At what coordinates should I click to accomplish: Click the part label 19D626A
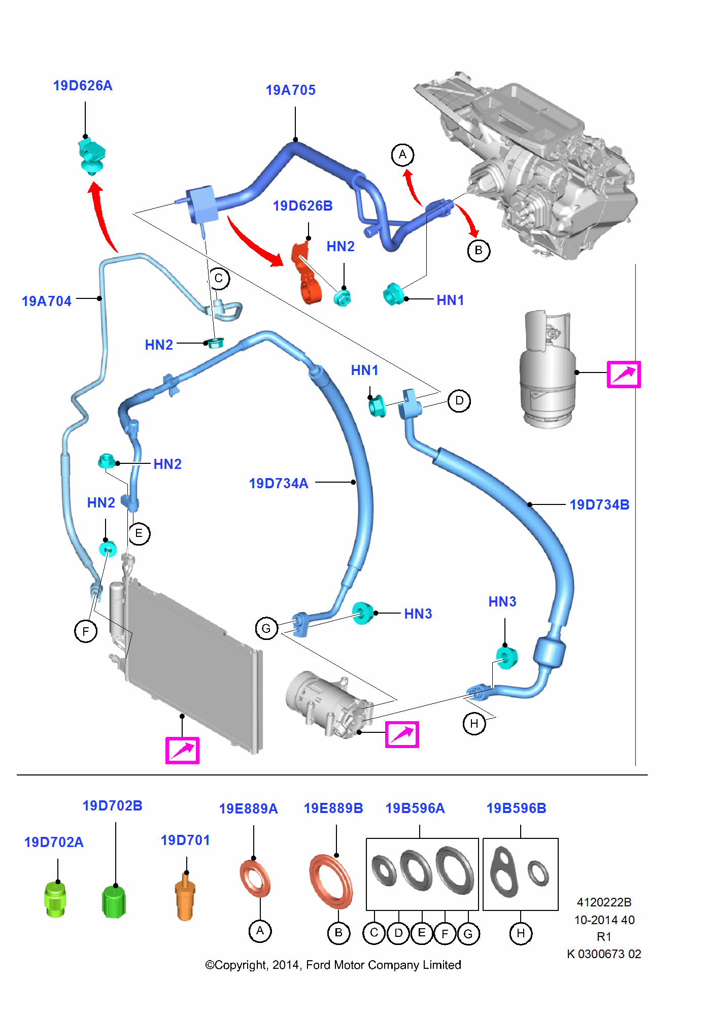coord(83,85)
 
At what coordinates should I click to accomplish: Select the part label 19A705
coord(290,90)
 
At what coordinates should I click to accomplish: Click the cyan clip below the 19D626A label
coord(92,155)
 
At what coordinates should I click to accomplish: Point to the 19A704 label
coord(46,301)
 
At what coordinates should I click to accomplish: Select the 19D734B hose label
coord(599,504)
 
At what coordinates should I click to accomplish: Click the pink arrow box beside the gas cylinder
coord(623,375)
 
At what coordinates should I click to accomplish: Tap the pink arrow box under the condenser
coord(182,750)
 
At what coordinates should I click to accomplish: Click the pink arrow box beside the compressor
coord(402,734)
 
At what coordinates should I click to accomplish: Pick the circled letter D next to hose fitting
coord(459,401)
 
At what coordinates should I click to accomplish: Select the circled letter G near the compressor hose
coord(266,629)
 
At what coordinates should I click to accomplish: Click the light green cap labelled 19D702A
coord(55,899)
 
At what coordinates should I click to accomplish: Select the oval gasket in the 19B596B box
coord(504,871)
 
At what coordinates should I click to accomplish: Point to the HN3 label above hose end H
coord(502,601)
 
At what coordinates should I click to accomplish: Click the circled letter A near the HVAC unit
coord(402,155)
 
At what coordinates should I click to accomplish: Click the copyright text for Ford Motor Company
coord(333,965)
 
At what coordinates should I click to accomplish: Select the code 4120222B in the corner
coord(604,902)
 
